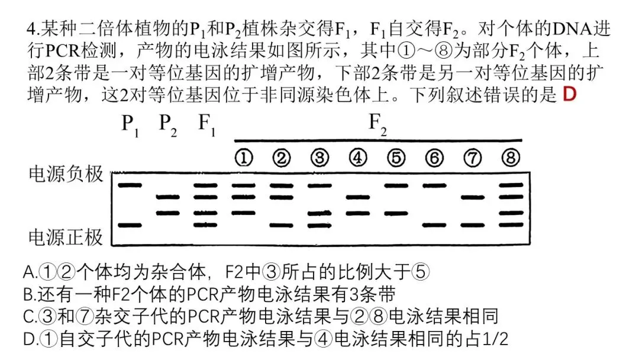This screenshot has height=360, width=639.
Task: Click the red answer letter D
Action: click(569, 94)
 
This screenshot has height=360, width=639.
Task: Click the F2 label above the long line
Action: click(377, 124)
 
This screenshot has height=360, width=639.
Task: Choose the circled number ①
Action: click(243, 157)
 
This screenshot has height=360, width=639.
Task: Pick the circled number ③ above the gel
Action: click(319, 157)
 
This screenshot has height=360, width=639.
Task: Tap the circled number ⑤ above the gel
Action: click(396, 157)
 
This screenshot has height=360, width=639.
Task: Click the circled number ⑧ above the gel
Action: click(510, 157)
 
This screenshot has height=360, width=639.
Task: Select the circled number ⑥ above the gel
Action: click(434, 157)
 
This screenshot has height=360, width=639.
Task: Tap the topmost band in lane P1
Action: click(130, 185)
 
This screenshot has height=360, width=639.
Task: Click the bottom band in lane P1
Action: click(130, 225)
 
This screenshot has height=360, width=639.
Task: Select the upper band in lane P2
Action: click(167, 197)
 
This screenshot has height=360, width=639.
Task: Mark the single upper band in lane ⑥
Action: click(434, 185)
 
